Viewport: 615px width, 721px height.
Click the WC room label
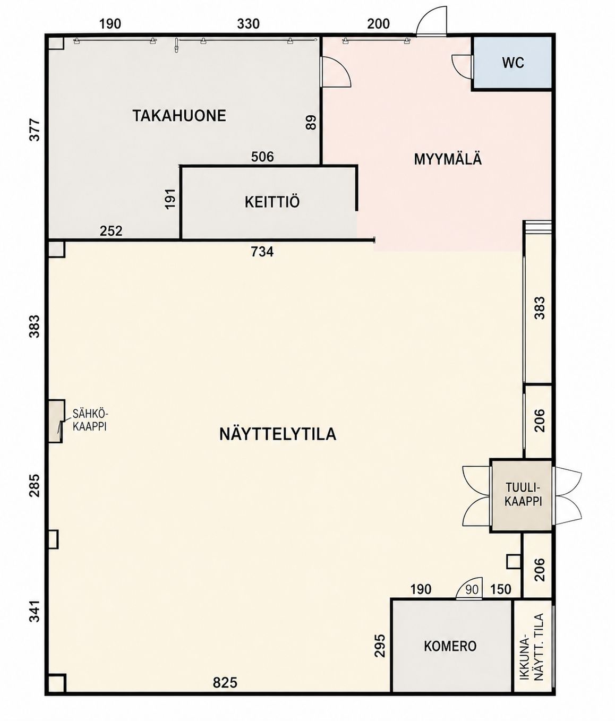(x=513, y=63)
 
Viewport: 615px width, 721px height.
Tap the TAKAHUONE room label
(x=180, y=116)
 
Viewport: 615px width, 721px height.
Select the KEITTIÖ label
(x=272, y=202)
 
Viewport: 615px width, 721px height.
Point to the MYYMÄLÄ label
(x=448, y=159)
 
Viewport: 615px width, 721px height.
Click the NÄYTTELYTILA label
(x=278, y=435)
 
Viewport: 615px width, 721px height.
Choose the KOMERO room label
(x=450, y=646)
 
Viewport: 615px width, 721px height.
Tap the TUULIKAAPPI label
(x=523, y=494)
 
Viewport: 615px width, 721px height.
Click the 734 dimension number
(x=262, y=252)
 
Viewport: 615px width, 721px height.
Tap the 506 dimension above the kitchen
(x=263, y=157)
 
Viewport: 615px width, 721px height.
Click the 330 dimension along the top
(x=249, y=24)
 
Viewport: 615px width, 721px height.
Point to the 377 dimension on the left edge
(x=35, y=130)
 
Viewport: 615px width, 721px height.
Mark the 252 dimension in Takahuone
(x=111, y=231)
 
